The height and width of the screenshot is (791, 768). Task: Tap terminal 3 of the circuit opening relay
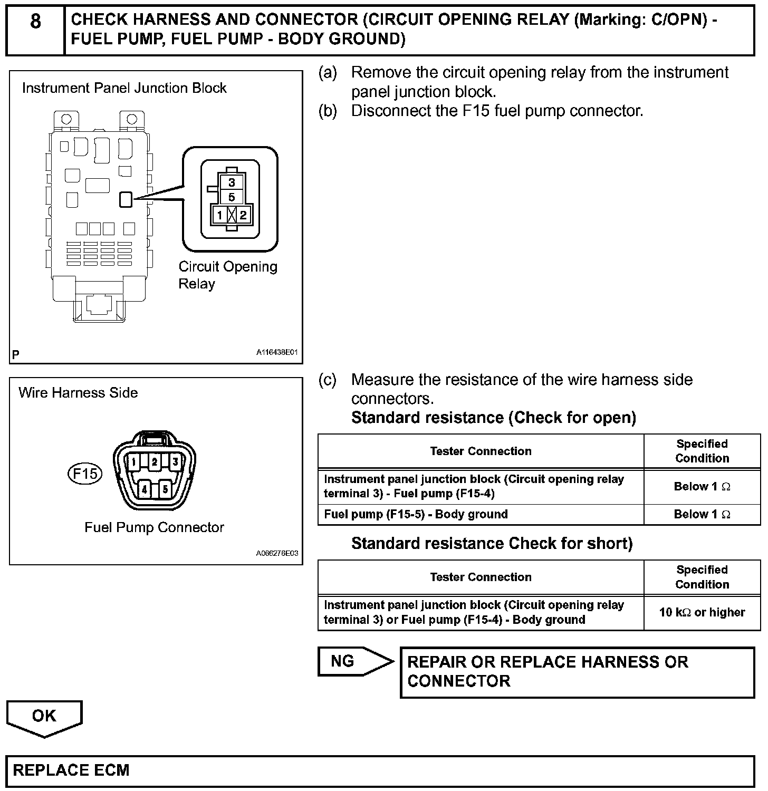pos(232,183)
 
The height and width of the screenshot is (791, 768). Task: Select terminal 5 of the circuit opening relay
pos(232,198)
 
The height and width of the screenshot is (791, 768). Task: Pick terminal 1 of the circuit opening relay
pos(219,215)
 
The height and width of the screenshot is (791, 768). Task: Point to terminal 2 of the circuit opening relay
pos(243,215)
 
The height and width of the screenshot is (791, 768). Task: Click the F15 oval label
pos(85,473)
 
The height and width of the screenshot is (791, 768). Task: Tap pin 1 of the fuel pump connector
pos(134,462)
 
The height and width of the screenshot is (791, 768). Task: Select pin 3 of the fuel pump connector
pos(175,462)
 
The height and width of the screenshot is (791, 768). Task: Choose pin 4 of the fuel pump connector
pos(145,489)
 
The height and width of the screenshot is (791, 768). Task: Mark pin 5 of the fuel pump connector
pos(165,489)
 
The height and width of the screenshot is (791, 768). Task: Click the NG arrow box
pos(353,661)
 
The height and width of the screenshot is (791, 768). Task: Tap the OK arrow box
pos(44,717)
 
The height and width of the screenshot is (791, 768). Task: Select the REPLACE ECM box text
pos(71,770)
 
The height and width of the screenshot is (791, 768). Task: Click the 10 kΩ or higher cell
pos(702,613)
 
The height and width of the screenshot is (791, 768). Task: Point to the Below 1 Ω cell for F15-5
pos(702,515)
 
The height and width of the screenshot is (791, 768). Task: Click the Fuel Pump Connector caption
pos(154,527)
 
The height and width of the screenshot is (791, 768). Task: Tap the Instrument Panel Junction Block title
pos(124,88)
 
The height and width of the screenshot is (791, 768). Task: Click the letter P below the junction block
pos(16,354)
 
